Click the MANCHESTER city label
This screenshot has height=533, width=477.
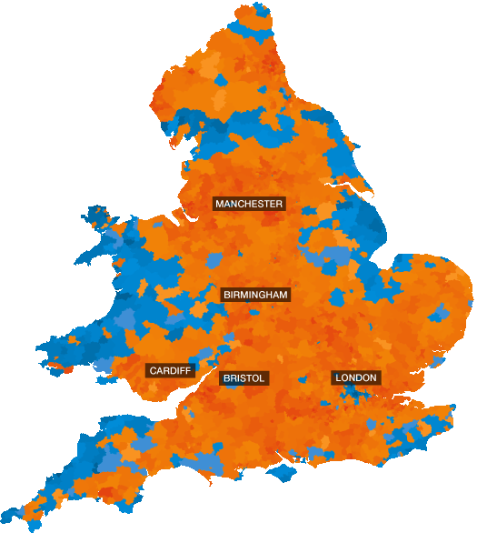coord(249,204)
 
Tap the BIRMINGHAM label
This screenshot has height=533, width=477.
coord(255,295)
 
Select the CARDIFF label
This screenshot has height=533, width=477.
coord(171,371)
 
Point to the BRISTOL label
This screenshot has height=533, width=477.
coord(243,377)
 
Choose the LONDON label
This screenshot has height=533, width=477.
coord(356,377)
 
